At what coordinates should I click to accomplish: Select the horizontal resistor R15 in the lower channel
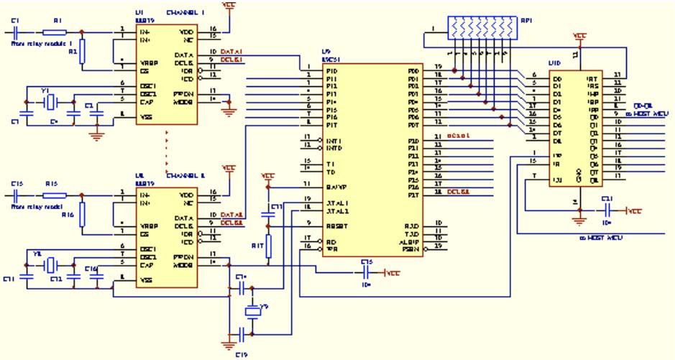(x=54, y=195)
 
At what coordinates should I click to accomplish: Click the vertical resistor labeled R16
(x=82, y=214)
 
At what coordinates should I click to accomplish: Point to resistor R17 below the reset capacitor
(x=268, y=244)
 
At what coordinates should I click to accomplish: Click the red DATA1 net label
(x=231, y=52)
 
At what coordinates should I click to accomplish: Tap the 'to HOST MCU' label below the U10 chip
(x=600, y=237)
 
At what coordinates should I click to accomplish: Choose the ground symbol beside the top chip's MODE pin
(x=229, y=109)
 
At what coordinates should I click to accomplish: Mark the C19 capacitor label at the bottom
(x=244, y=354)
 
